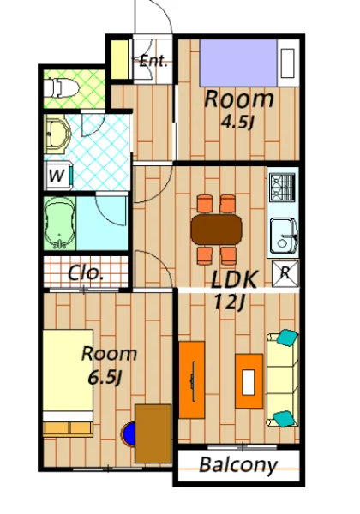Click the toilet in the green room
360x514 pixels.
click(61, 88)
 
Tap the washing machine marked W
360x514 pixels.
click(58, 176)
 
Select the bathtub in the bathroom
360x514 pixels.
click(59, 223)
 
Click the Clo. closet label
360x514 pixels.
click(86, 272)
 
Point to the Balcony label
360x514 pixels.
click(238, 465)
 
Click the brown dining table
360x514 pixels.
click(216, 230)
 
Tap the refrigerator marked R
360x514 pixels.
click(285, 273)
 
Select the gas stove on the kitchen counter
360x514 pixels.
click(283, 187)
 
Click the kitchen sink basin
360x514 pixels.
click(284, 235)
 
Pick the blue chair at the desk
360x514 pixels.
click(129, 434)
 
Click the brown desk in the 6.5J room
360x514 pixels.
click(153, 433)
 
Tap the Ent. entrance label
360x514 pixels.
click(153, 62)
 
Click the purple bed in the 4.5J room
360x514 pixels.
click(238, 63)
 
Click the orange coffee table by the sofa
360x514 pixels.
click(249, 381)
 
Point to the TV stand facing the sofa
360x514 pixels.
click(192, 380)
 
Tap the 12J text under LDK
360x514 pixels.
click(229, 302)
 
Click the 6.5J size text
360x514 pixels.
click(105, 378)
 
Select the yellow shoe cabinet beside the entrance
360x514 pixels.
click(119, 60)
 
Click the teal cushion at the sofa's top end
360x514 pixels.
click(287, 338)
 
